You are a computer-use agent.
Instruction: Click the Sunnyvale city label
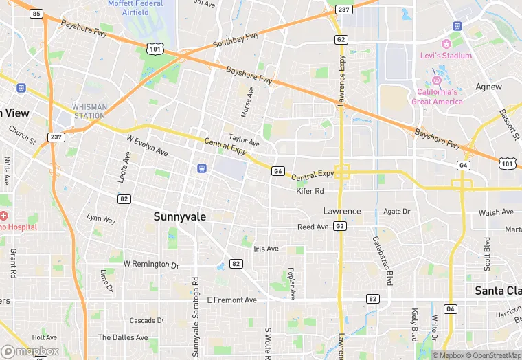[x=179, y=216]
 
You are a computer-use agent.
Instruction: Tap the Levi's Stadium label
[x=446, y=56]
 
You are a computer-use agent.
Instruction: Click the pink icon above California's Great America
[x=435, y=80]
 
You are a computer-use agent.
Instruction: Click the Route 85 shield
[x=36, y=14]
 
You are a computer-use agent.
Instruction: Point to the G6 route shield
[x=277, y=171]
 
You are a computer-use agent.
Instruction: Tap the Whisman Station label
[x=90, y=111]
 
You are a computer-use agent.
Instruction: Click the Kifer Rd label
[x=310, y=191]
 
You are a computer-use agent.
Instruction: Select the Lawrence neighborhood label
[x=342, y=211]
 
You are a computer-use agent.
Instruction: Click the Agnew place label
[x=488, y=87]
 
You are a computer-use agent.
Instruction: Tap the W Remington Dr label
[x=151, y=264]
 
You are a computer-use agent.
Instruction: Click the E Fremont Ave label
[x=231, y=300]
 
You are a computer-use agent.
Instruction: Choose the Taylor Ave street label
[x=244, y=141]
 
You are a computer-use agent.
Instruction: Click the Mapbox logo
[x=30, y=351]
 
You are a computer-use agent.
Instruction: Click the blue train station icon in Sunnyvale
[x=201, y=168]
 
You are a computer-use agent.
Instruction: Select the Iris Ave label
[x=266, y=249]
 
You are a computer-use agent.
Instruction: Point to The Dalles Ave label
[x=122, y=337]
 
